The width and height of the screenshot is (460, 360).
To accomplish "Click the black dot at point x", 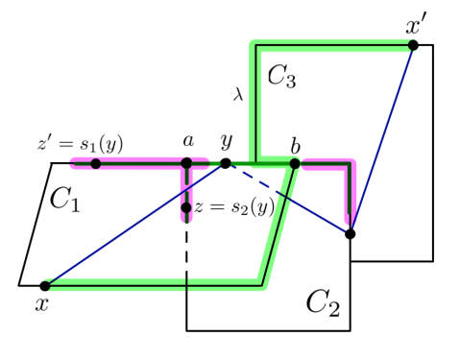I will pyautogui.click(x=44, y=285).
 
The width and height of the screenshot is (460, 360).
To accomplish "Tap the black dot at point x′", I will pyautogui.click(x=412, y=45).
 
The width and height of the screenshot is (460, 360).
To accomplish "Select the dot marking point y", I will pyautogui.click(x=226, y=164).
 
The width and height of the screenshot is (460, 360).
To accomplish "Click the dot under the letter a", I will pyautogui.click(x=188, y=164).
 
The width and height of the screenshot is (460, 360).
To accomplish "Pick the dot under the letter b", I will pyautogui.click(x=295, y=164).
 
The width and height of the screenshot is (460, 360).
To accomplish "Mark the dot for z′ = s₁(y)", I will pyautogui.click(x=96, y=164).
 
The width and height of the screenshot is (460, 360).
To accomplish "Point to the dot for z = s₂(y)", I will pyautogui.click(x=186, y=207).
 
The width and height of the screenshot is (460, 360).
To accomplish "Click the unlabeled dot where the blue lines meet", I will pyautogui.click(x=350, y=233).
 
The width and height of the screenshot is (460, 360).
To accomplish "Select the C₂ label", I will pyautogui.click(x=322, y=304).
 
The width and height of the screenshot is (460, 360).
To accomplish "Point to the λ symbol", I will pyautogui.click(x=238, y=94).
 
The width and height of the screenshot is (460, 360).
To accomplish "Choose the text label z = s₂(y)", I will pyautogui.click(x=234, y=207).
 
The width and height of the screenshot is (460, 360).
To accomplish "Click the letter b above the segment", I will pyautogui.click(x=296, y=145).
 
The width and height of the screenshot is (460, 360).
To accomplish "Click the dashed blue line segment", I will pyautogui.click(x=288, y=199).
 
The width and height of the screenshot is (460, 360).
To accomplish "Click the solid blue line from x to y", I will pyautogui.click(x=134, y=225).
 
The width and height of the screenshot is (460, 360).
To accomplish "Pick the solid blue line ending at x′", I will pyautogui.click(x=381, y=139).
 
